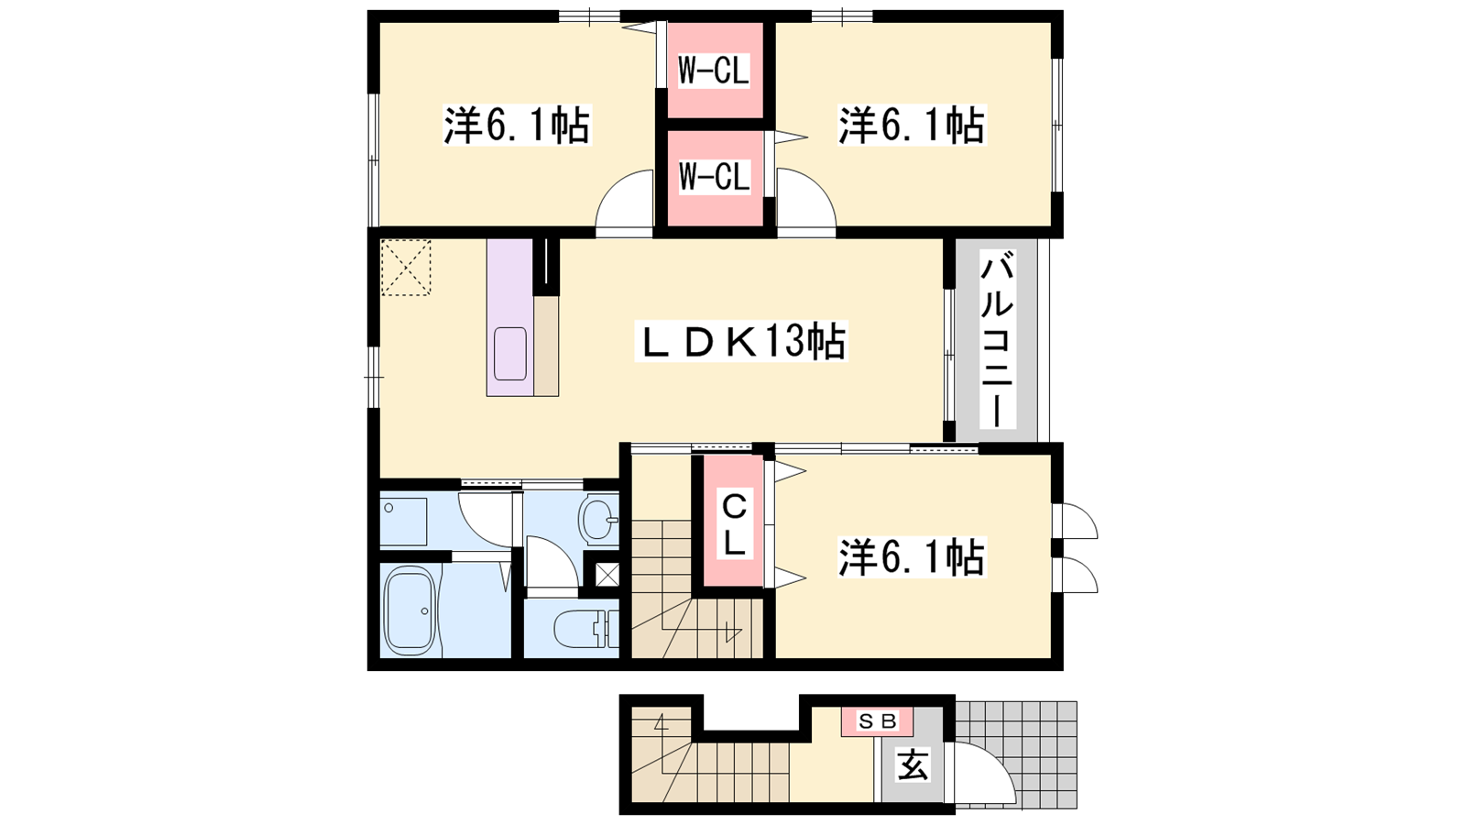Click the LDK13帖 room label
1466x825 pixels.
pos(741,341)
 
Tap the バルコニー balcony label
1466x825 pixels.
pos(997,339)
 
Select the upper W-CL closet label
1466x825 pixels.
pos(714,71)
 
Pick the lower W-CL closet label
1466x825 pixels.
pos(714,177)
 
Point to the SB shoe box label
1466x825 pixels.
pos(877,721)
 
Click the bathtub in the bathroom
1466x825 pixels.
pos(410,610)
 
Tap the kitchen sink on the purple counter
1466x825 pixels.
pos(509,354)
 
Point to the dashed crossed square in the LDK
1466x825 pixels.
pos(406,267)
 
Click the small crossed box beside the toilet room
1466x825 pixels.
pos(607,576)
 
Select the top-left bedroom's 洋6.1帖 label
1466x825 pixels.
pos(517,125)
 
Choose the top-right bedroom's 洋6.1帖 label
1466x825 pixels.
pos(912,125)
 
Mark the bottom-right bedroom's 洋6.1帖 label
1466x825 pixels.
pos(912,557)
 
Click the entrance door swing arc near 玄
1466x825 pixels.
pos(995,761)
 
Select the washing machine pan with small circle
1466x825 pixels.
pos(403,522)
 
